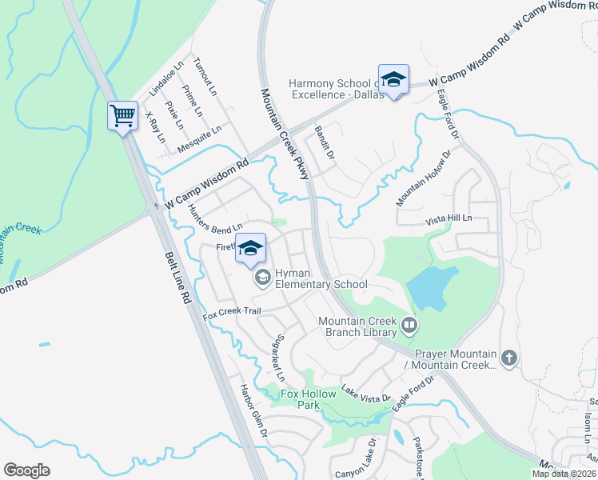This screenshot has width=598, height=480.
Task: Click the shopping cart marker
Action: pyautogui.click(x=122, y=116)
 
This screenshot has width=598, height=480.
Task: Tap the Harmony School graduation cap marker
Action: pyautogui.click(x=393, y=80)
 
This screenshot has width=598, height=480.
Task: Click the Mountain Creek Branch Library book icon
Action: pyautogui.click(x=409, y=326)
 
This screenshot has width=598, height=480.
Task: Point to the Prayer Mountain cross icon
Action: pyautogui.click(x=509, y=357)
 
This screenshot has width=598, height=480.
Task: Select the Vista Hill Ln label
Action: pyautogui.click(x=448, y=218)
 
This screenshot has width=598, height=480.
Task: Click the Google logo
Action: pyautogui.click(x=26, y=470)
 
